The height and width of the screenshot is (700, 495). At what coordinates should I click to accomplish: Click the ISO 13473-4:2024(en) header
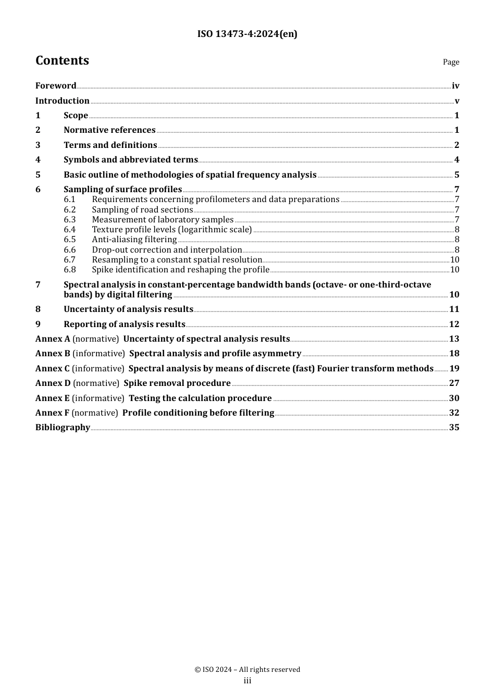pos(247,34)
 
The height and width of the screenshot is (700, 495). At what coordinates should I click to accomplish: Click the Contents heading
pos(62,61)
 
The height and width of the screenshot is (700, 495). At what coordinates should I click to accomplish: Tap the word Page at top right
pos(451,62)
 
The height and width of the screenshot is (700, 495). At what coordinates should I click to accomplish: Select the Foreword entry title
pos(56,86)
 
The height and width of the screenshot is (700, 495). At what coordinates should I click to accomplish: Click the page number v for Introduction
pos(457,101)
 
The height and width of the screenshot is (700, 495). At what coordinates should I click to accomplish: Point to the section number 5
pos(38,175)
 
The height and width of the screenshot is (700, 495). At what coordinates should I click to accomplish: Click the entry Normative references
pos(109,130)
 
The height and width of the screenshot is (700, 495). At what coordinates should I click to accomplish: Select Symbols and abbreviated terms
pos(131,160)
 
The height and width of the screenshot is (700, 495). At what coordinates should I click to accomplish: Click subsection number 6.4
pos(70,230)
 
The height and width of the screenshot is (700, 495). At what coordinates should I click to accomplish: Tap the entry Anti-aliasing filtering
pos(134,240)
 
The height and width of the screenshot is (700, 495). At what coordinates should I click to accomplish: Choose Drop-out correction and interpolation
pos(167,250)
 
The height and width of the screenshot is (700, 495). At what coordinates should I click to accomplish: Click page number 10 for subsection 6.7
pos(454,260)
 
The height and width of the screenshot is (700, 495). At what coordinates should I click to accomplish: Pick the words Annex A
pos(53,339)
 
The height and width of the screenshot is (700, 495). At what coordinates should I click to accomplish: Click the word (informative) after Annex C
pos(98,369)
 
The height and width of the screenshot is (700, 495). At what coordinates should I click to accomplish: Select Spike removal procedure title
pos(177,383)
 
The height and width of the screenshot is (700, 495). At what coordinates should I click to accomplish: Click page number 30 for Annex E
pos(454,398)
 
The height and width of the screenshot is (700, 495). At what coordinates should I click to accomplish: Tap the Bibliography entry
pos(63,428)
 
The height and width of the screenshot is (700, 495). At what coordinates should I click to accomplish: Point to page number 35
pos(454,428)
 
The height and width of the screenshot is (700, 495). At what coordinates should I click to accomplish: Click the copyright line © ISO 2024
pos(247,670)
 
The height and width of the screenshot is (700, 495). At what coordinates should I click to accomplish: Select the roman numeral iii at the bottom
pos(247,681)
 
